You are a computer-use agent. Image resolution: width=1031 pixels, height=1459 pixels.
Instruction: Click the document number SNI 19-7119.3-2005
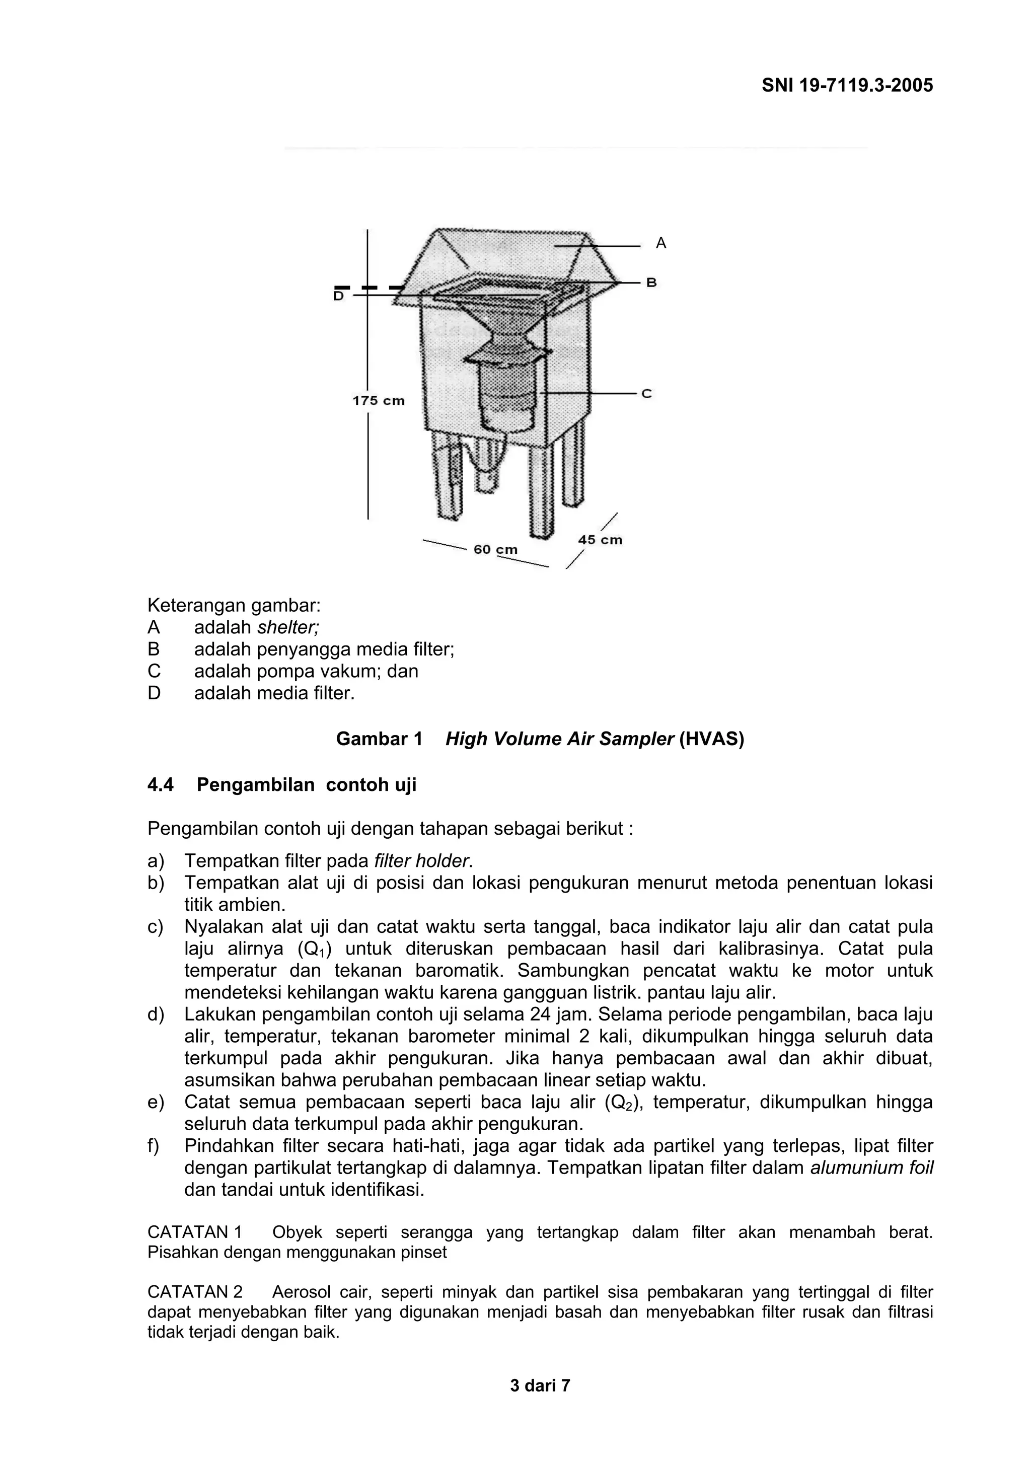coord(847,85)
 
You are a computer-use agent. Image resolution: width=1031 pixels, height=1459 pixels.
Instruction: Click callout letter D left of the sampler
coord(339,296)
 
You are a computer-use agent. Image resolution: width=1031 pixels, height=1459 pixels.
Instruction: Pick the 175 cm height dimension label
coord(379,401)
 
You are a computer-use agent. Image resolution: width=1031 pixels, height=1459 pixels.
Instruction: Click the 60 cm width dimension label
coord(495,549)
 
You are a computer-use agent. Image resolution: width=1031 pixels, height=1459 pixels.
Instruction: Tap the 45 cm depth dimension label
coord(600,540)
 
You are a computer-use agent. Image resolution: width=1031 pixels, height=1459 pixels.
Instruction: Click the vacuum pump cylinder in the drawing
coord(508,397)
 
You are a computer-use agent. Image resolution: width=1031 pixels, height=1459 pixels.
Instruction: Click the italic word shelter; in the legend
coord(288,627)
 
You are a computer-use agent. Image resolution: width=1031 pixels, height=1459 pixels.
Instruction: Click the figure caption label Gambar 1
coord(379,739)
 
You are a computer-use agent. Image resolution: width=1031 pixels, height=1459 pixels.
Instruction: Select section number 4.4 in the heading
coord(160,785)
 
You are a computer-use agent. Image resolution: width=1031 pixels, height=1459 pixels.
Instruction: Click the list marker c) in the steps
coord(156,927)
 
